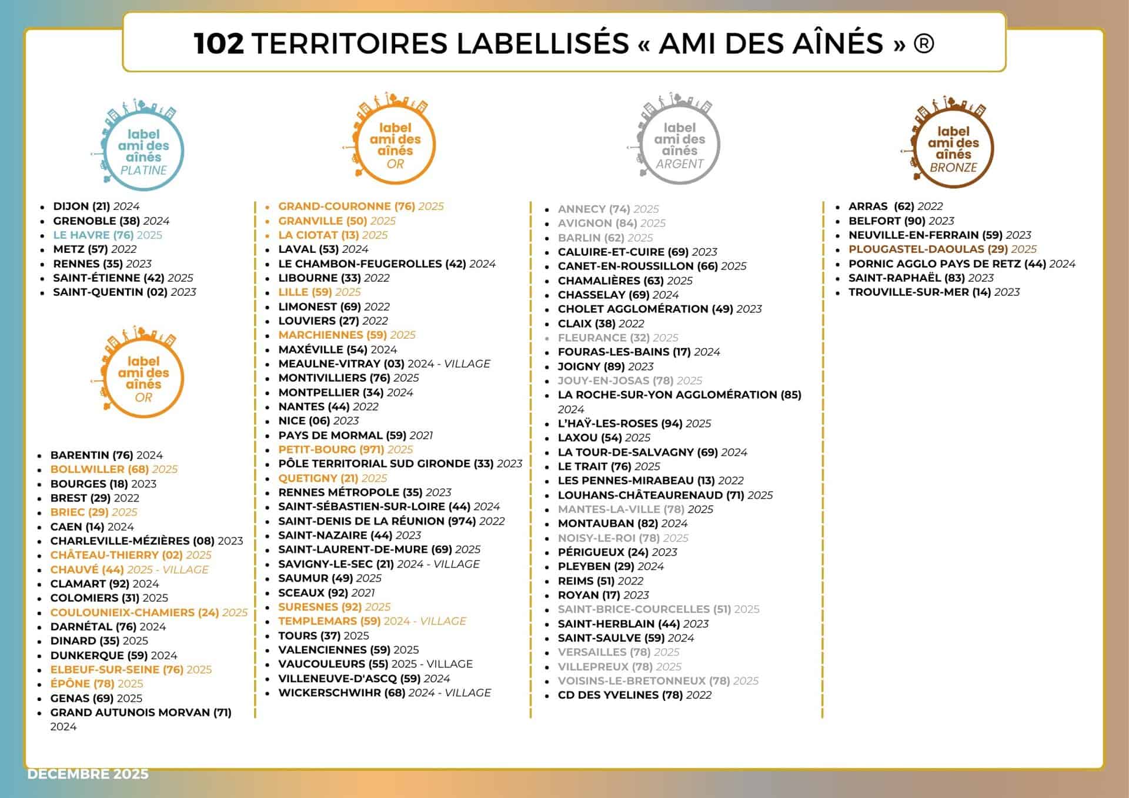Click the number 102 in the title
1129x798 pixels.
tap(219, 44)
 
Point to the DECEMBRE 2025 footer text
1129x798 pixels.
tap(88, 774)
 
